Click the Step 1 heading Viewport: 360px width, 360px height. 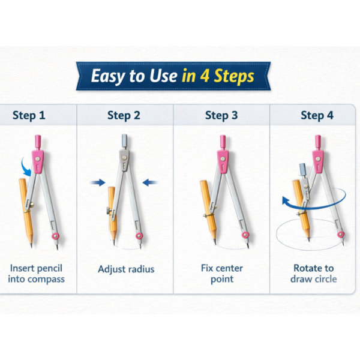[x=29, y=116]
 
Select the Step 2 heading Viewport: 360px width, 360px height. [x=124, y=116]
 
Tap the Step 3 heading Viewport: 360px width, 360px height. [x=221, y=116]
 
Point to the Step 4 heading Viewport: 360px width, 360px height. [x=317, y=116]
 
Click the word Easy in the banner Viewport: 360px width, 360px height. [x=112, y=76]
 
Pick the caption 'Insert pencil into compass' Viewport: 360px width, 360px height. [x=37, y=274]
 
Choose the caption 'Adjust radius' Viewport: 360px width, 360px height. [x=126, y=269]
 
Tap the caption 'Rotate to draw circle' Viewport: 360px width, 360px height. [x=314, y=274]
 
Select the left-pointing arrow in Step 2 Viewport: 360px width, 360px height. [x=150, y=182]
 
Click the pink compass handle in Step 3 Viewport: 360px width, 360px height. [x=223, y=142]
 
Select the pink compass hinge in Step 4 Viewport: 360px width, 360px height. [x=317, y=158]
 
